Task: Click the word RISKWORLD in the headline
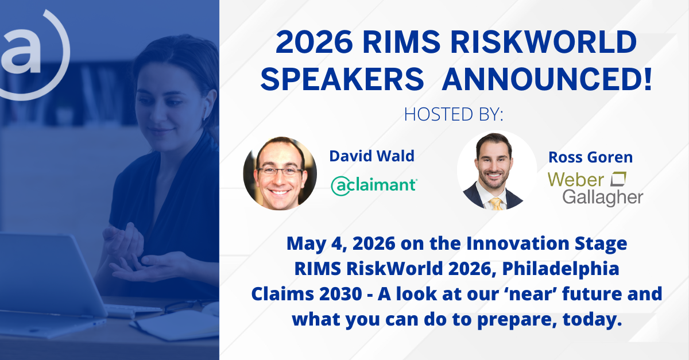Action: (x=544, y=42)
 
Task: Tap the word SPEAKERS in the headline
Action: (x=342, y=79)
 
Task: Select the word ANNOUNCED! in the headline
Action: (x=547, y=79)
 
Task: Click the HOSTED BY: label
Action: (x=454, y=114)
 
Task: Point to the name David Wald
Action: (x=372, y=156)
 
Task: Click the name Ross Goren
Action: (x=591, y=157)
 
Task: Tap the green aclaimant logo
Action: (x=374, y=186)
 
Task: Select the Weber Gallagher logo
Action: (x=595, y=188)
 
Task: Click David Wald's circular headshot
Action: (x=280, y=173)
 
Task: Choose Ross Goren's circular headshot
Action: (x=497, y=171)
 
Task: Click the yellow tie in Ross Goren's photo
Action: (x=496, y=204)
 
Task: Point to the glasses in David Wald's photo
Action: (x=280, y=171)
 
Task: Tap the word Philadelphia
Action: (x=561, y=269)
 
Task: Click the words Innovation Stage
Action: (x=547, y=243)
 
